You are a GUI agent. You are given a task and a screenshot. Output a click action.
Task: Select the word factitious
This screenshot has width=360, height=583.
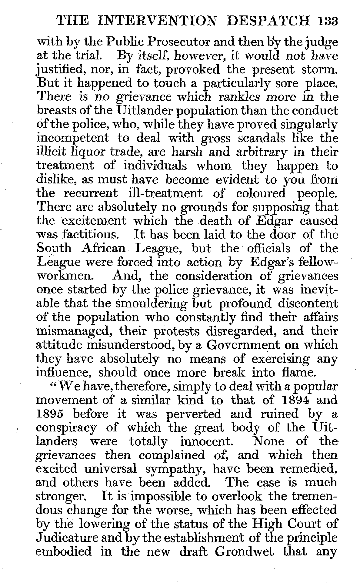[x=80, y=235]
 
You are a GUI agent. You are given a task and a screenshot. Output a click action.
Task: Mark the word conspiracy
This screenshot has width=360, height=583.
[x=66, y=428]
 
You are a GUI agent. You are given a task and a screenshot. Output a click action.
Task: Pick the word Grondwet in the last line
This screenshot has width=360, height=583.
[x=244, y=552]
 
